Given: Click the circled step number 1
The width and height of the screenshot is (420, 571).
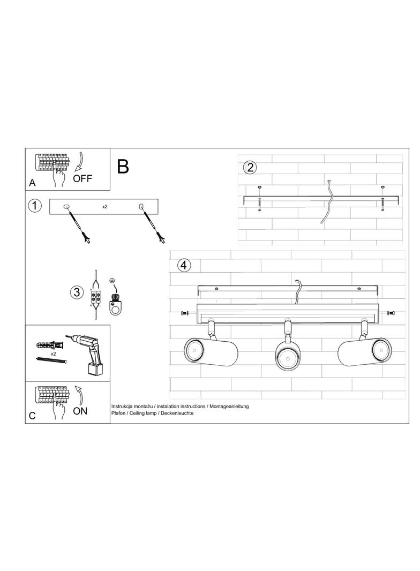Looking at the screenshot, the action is tap(35, 206).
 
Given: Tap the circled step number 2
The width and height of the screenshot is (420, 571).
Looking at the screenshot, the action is tap(250, 168).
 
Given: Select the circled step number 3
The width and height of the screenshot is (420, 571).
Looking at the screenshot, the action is tap(77, 292).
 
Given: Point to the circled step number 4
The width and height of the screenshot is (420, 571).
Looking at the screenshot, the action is tap(184, 265).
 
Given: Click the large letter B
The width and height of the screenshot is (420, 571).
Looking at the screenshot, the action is tap(123, 167).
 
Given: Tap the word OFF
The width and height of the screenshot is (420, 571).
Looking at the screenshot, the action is tap(82, 178).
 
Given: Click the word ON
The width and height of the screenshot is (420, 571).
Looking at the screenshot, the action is tap(80, 411).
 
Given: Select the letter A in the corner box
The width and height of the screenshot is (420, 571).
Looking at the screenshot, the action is tap(33, 183).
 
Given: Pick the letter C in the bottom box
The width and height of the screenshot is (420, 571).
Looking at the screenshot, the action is tap(33, 416).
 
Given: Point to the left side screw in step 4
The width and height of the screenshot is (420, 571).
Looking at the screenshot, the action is tap(185, 313).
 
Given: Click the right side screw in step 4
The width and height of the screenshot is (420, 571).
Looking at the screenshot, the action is tap(391, 313).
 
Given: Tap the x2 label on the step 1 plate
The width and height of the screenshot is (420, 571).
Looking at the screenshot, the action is tap(105, 206).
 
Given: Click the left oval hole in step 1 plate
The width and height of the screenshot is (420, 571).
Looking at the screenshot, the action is tap(66, 206).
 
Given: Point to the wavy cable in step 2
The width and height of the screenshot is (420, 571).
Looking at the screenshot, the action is tap(327, 201).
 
